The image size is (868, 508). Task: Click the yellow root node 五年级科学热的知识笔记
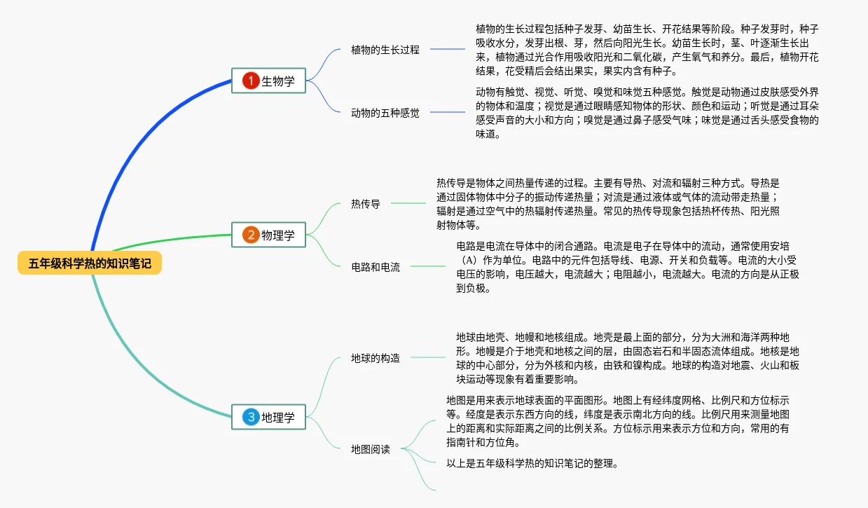[x=90, y=263]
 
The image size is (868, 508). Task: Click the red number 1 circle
[x=251, y=81]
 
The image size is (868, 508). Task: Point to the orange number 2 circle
[x=251, y=235]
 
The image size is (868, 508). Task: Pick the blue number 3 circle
[x=251, y=418]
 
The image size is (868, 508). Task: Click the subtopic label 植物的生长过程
[x=385, y=50]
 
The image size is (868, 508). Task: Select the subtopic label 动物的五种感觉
[x=385, y=112]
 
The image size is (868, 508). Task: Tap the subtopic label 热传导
[x=365, y=204]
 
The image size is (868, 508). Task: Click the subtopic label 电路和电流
[x=375, y=266]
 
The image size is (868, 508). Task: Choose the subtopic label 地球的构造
[x=375, y=358]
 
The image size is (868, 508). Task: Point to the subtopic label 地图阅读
[x=370, y=449]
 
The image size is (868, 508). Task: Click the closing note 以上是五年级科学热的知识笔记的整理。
[x=532, y=463]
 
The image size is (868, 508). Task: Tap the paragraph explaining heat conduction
[x=607, y=204]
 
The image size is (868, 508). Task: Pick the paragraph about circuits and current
[x=627, y=267]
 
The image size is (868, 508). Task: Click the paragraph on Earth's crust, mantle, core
[x=627, y=358]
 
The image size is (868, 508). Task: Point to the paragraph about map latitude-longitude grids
[x=617, y=421]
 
